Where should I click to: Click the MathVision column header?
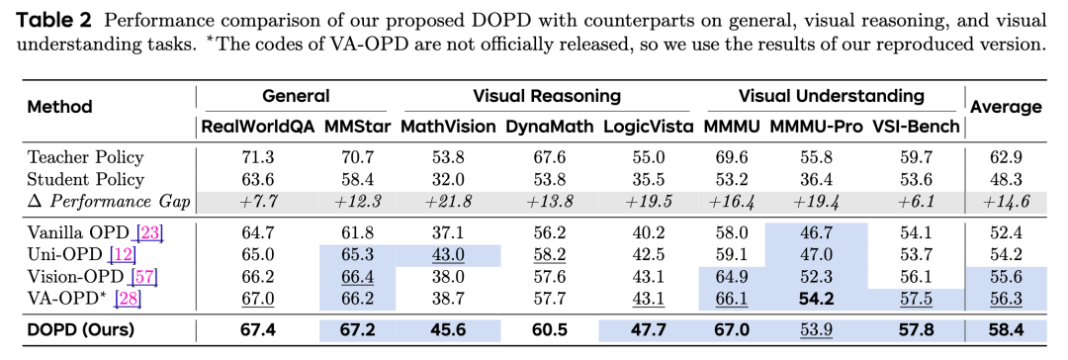pos(447,127)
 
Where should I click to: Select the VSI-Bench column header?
pos(917,127)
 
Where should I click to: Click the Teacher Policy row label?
pos(85,157)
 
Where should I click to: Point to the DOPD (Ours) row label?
pos(81,330)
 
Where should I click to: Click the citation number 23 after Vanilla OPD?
pos(150,233)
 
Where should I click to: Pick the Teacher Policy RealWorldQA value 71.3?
pos(257,157)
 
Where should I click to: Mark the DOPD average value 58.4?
pos(1006,330)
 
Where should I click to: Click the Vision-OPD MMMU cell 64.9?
pos(731,278)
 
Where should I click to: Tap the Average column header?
pos(1006,107)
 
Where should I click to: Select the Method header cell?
pos(59,107)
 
